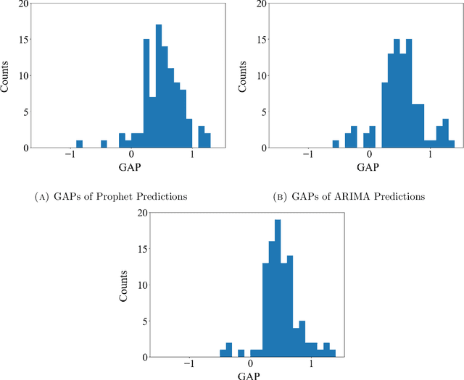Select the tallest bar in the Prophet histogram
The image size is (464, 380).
coord(159,87)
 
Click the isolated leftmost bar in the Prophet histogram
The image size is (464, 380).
coord(79,144)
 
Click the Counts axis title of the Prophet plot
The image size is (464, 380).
coord(7,75)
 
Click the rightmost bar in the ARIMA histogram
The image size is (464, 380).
coord(451,144)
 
